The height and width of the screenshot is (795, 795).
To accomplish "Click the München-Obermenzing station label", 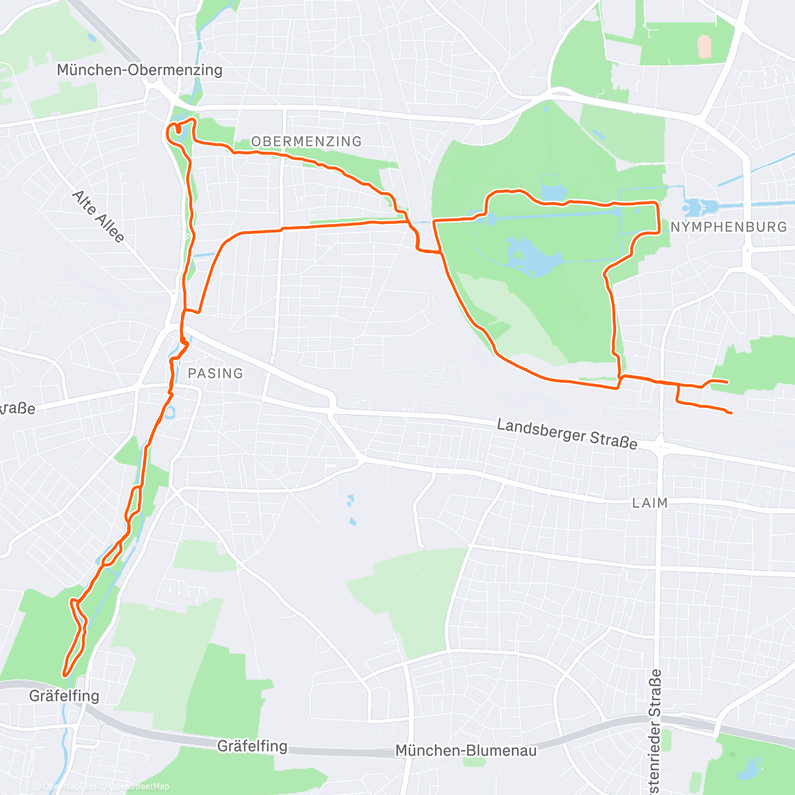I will [x=139, y=70].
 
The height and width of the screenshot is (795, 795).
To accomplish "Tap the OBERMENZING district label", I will [x=306, y=141].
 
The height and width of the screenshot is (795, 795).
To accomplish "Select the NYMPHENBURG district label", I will [x=729, y=227].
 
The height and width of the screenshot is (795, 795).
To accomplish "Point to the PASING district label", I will [x=215, y=373].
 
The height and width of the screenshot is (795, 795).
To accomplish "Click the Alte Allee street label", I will [x=98, y=216].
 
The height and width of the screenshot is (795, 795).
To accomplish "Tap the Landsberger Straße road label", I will [x=567, y=434].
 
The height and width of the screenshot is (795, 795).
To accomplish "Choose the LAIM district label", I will [x=649, y=503].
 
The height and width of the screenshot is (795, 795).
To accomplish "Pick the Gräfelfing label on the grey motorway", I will [x=252, y=746].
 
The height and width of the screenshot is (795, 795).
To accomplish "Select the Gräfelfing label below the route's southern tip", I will [x=64, y=696].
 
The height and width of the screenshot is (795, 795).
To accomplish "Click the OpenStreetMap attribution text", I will [x=139, y=786].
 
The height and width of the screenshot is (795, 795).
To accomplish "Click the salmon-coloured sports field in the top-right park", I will [x=704, y=46].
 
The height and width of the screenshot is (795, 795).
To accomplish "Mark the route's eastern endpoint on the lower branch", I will [x=730, y=413].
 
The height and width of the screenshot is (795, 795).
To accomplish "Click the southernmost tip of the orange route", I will [x=66, y=674].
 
